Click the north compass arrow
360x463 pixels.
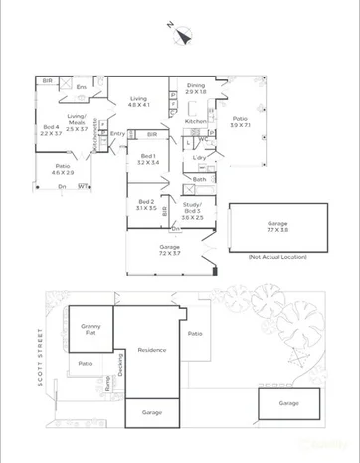(179, 34)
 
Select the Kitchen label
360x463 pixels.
(196, 121)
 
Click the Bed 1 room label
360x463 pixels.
(148, 157)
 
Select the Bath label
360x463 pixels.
(199, 179)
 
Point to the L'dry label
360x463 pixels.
(200, 158)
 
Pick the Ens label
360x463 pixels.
(82, 87)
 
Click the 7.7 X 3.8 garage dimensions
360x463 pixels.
(277, 230)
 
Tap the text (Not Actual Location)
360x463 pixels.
(274, 257)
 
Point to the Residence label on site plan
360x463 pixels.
(151, 350)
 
